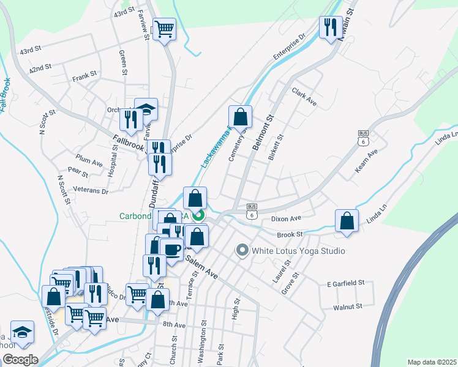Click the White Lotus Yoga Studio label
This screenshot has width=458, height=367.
pyautogui.click(x=291, y=251)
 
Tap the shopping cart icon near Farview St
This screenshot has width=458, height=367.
pyautogui.click(x=164, y=28)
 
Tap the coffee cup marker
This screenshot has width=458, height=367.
pyautogui.click(x=171, y=249)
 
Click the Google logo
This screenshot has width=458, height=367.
pyautogui.click(x=21, y=360)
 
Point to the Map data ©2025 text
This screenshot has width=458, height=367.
pyautogui.click(x=432, y=362)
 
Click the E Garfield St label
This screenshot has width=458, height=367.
pyautogui.click(x=345, y=283)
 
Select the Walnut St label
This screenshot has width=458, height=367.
pyautogui.click(x=347, y=306)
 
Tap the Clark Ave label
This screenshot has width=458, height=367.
pyautogui.click(x=304, y=96)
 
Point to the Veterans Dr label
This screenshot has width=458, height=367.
pyautogui.click(x=90, y=191)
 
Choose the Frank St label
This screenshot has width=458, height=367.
pyautogui.click(x=84, y=77)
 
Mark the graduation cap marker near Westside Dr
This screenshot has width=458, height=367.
pyautogui.click(x=22, y=332)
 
